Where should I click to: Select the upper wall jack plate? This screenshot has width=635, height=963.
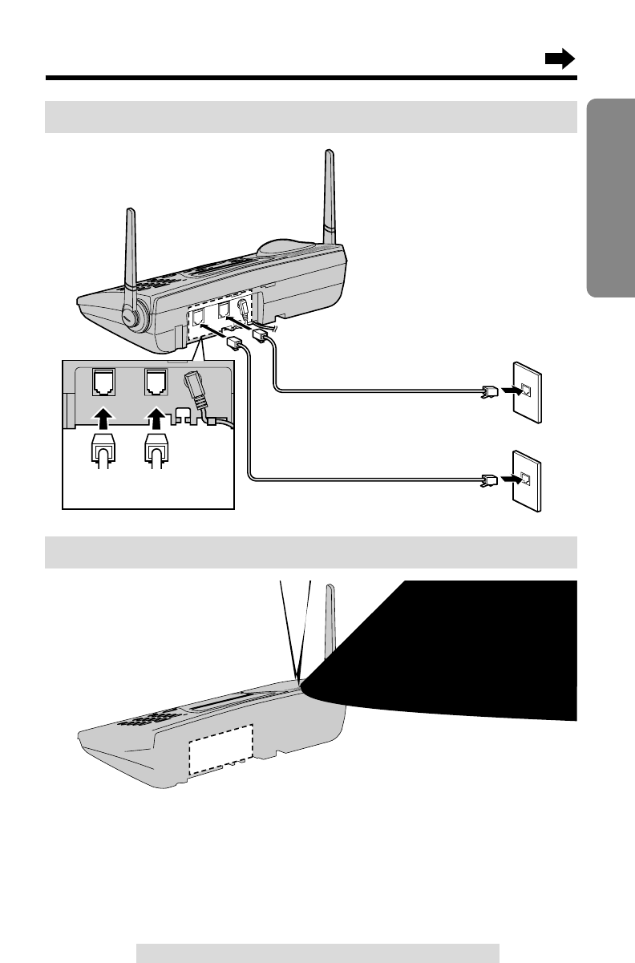pyautogui.click(x=526, y=393)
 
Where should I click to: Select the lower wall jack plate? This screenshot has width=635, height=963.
pyautogui.click(x=526, y=481)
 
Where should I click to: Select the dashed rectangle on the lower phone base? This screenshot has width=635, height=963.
pyautogui.click(x=220, y=749)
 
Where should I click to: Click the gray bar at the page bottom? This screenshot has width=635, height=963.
pyautogui.click(x=317, y=953)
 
